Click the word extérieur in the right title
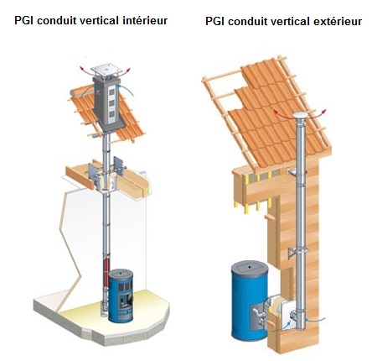(338, 21)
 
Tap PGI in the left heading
(24, 20)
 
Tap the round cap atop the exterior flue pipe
(300, 115)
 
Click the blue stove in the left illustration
(121, 296)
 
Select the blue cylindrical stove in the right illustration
(250, 301)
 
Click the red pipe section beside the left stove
(106, 271)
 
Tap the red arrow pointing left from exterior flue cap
(282, 114)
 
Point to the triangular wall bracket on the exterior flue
(292, 253)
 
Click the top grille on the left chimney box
(112, 92)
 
